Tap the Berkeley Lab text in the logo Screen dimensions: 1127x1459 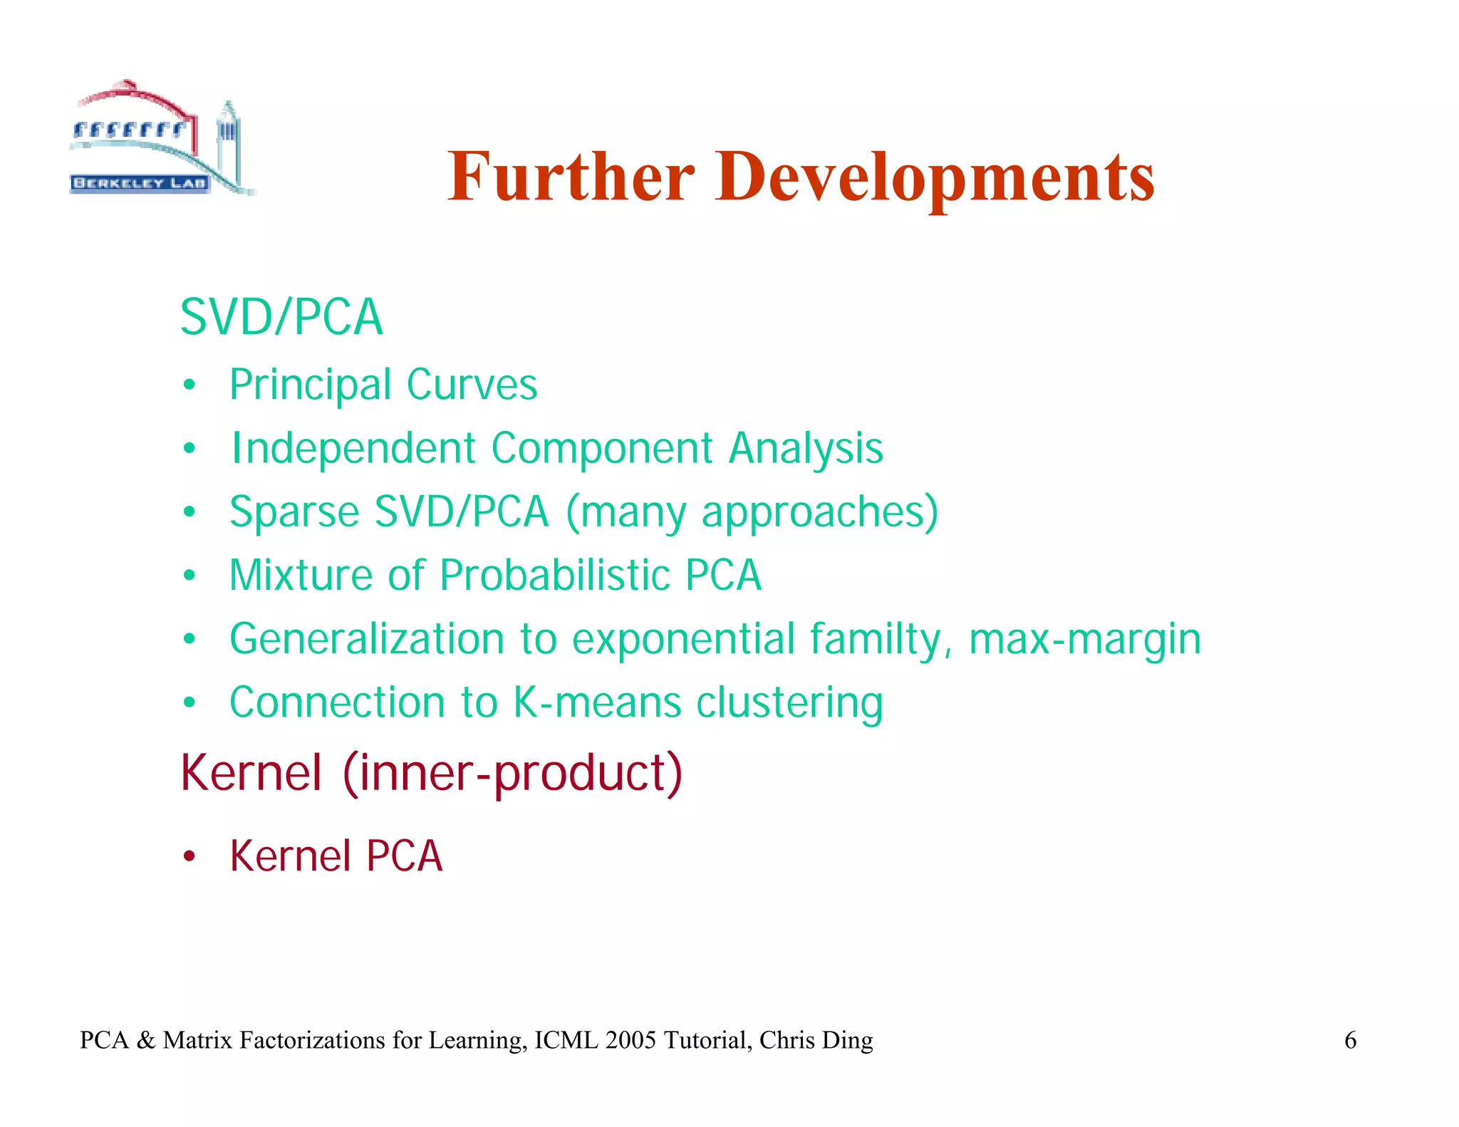(x=140, y=183)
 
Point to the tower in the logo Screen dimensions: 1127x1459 (x=228, y=139)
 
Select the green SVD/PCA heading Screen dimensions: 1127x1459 (x=281, y=317)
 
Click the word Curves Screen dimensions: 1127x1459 (x=472, y=385)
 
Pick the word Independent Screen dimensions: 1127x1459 (x=353, y=448)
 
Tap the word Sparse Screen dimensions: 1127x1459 (x=294, y=511)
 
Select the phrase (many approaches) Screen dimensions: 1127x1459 (x=752, y=513)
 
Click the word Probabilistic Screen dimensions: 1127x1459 (x=554, y=575)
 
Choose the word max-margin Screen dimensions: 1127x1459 (x=1084, y=639)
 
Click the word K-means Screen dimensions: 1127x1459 (x=596, y=702)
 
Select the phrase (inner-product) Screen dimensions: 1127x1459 (x=512, y=773)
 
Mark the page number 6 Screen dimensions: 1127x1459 (x=1349, y=1040)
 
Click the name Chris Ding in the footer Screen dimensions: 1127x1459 (x=816, y=1040)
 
